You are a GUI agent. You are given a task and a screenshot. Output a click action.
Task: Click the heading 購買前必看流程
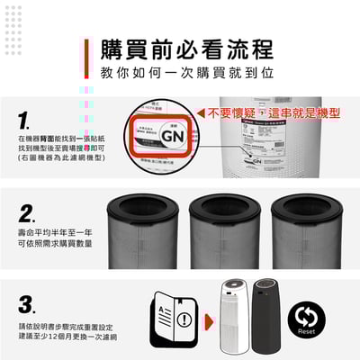click(186, 48)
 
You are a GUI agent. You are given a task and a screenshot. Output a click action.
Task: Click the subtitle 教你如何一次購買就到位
click(186, 71)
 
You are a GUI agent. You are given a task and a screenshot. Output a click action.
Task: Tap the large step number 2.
click(27, 214)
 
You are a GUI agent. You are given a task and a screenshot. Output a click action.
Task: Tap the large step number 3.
click(27, 303)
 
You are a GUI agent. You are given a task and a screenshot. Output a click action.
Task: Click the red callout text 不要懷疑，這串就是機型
click(274, 114)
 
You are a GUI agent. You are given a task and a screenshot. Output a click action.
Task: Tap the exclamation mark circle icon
click(184, 319)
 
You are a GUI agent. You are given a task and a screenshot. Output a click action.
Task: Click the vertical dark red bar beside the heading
click(87, 58)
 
